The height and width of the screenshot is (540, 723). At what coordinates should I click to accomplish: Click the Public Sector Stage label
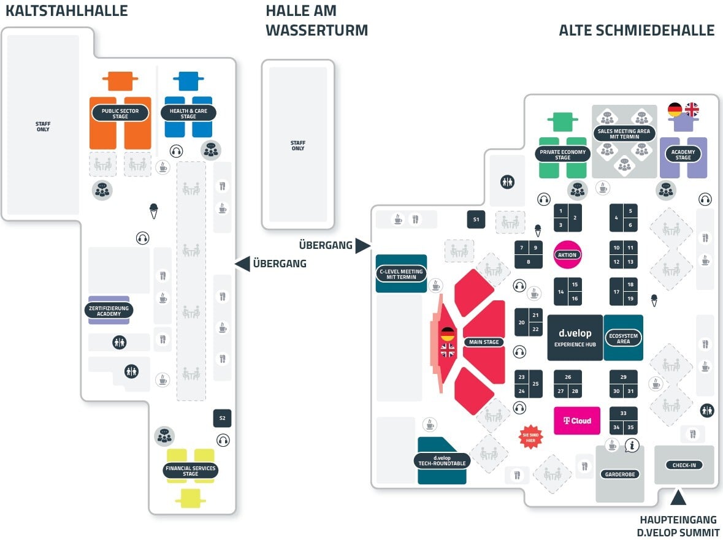tap(120, 113)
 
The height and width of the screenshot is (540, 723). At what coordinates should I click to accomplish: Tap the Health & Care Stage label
tap(188, 113)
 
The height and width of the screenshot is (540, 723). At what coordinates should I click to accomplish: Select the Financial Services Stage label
tap(191, 470)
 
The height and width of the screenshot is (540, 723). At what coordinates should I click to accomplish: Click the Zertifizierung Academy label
tap(109, 311)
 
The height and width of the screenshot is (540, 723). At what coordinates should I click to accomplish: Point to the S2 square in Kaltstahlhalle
tap(222, 418)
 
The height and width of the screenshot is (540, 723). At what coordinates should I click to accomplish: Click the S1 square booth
tap(476, 219)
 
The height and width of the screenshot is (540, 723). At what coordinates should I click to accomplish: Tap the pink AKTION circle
tap(567, 254)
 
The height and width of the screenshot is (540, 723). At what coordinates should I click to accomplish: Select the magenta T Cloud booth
tap(577, 420)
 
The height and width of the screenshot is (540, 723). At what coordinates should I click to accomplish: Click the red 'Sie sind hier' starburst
tap(530, 437)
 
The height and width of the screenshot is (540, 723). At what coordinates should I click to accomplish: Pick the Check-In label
tap(684, 465)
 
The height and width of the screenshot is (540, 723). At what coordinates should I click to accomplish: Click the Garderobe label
tap(620, 474)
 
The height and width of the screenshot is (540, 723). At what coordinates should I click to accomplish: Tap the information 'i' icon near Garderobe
tap(632, 445)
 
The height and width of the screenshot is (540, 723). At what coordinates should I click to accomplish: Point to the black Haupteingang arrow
tap(678, 498)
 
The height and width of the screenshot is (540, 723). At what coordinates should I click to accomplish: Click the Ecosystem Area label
tap(623, 338)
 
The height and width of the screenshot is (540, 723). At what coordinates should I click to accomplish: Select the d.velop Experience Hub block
tap(575, 338)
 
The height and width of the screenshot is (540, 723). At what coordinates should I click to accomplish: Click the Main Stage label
tap(484, 342)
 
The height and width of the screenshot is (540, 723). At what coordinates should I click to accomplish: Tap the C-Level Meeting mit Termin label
tap(401, 274)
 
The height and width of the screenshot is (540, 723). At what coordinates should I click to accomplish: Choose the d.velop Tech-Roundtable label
tap(442, 461)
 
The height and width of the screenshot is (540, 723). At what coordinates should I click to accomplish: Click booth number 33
tap(624, 413)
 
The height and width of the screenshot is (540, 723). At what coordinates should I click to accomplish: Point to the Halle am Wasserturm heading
tap(317, 20)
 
